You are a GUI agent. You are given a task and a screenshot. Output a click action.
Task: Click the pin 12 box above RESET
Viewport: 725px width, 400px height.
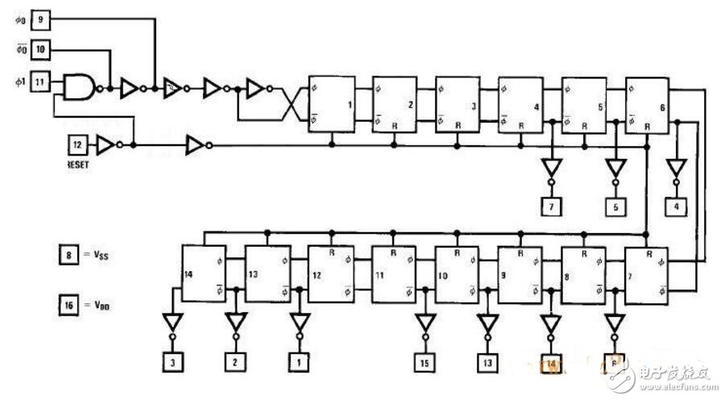click(77, 145)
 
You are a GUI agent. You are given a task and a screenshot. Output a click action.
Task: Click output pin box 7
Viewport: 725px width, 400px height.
click(552, 206)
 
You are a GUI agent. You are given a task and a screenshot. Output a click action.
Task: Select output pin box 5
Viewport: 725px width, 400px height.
click(615, 206)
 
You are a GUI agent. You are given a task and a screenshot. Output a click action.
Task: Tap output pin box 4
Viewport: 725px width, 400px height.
click(677, 206)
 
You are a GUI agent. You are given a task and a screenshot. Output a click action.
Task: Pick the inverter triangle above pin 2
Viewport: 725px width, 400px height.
click(234, 322)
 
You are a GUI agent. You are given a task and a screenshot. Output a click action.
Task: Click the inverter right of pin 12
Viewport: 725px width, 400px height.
click(105, 145)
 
